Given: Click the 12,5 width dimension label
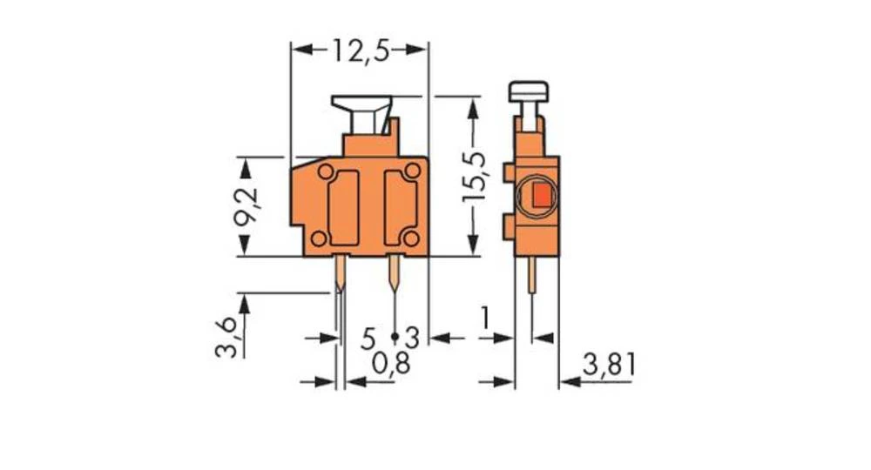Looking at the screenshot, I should tap(359, 50).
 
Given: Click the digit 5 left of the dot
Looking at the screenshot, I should tap(368, 336).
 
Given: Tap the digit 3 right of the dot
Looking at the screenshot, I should tap(413, 336).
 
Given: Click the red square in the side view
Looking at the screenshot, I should tap(540, 196).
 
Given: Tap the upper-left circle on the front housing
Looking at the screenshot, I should tap(325, 172).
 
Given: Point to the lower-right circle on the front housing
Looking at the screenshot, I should tap(409, 238).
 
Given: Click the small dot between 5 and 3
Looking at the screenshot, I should tap(394, 335).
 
